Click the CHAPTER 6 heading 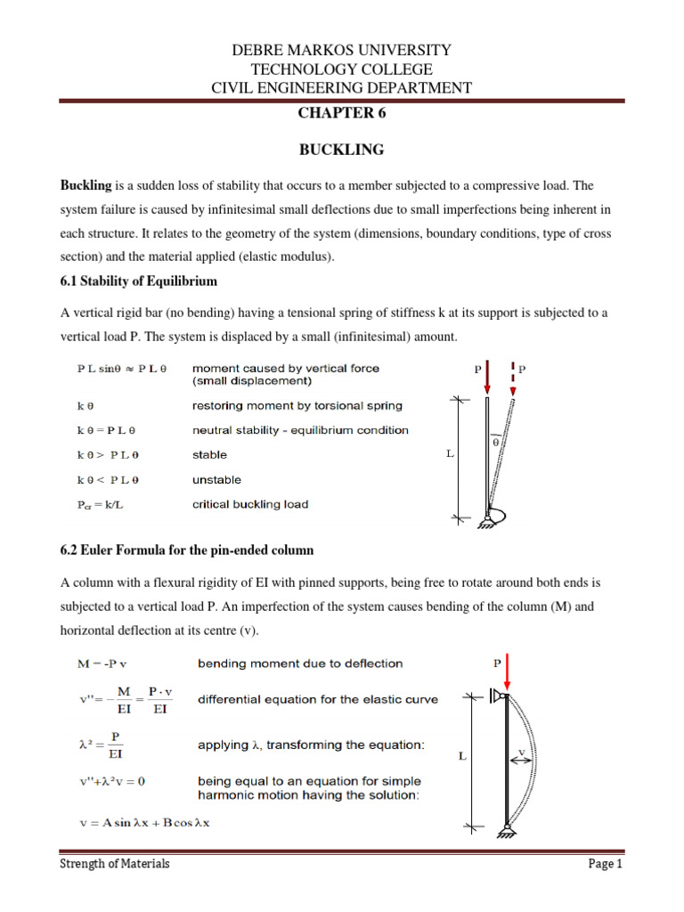(342, 113)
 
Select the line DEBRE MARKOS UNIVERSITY (342, 50)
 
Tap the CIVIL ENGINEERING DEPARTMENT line (342, 87)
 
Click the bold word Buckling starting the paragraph (85, 186)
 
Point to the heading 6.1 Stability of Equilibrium (138, 281)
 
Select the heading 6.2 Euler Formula (187, 550)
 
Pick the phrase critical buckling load (250, 504)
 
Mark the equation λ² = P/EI (100, 733)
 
